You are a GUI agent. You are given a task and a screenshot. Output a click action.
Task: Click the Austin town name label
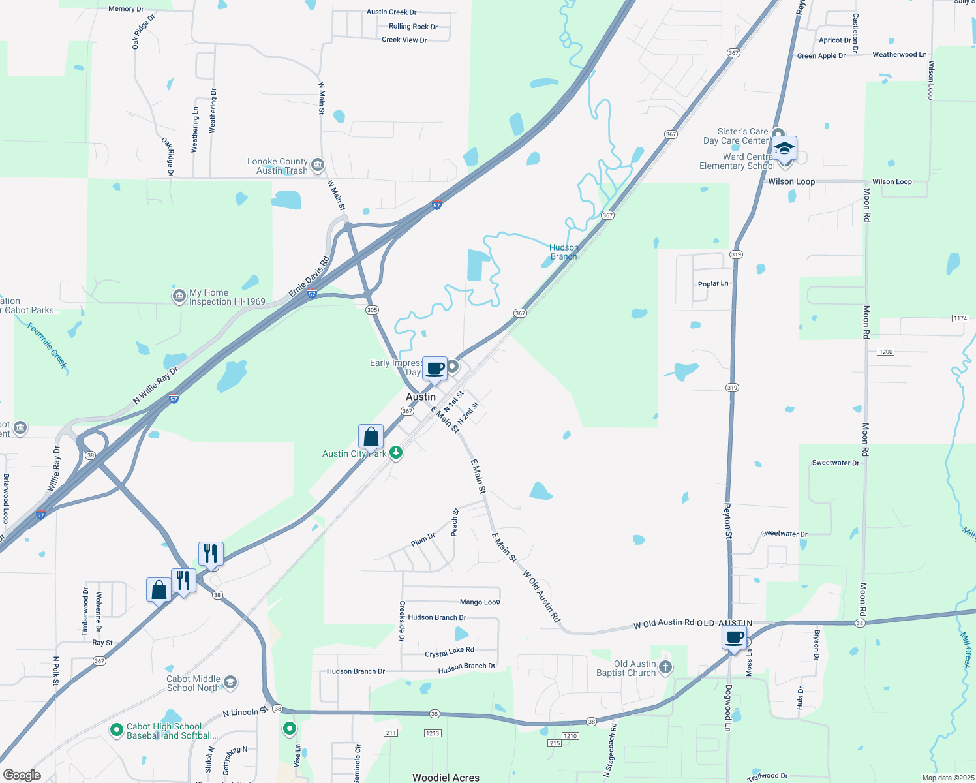coord(421,397)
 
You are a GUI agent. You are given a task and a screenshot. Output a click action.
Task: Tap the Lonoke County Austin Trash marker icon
coord(318,164)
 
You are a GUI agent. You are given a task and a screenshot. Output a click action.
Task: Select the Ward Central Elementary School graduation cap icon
coord(784,148)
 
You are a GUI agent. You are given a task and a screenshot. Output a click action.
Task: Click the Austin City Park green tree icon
coord(396,453)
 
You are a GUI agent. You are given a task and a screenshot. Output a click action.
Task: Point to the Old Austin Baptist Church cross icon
coord(665,667)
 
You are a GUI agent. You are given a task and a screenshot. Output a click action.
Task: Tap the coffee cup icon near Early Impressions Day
coord(435,368)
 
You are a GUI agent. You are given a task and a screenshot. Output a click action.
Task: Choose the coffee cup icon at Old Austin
coord(735,637)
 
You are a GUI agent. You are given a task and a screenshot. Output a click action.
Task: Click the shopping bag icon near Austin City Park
coord(371,437)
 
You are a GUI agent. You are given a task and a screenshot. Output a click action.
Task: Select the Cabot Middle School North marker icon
coord(230,683)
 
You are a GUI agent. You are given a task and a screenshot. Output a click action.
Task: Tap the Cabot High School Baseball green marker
coord(117,730)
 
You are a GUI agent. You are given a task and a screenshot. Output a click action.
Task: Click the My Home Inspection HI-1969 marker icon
coord(179,296)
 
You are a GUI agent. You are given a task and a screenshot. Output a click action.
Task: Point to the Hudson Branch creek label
coord(564,252)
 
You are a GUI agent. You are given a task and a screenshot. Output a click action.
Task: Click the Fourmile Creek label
coord(48,345)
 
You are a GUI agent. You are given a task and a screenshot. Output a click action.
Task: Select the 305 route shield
coord(372,310)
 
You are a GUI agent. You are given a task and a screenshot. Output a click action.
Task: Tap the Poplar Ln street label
coord(713,284)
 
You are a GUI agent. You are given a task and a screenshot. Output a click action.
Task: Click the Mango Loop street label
coord(480,602)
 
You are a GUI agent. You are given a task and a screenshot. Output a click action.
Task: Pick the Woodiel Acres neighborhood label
coord(446,777)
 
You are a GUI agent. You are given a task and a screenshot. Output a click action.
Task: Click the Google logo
coord(22,775)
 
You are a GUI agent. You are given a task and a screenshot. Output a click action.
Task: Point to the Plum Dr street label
coord(423,540)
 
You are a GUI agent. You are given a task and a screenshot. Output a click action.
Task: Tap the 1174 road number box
coord(960,318)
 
